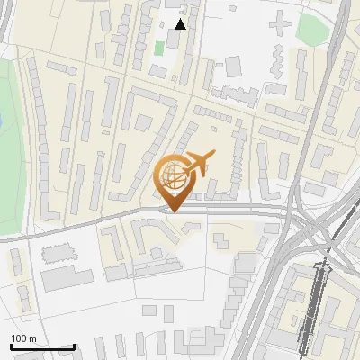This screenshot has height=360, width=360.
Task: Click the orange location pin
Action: point(175,180)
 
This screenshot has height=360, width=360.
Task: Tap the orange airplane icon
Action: point(197,165)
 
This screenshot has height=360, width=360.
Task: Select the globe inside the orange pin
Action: point(175,175)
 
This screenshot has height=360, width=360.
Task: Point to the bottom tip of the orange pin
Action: point(175,211)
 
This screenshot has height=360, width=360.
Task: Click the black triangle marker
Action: point(181,24)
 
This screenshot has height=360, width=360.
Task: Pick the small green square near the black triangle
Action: point(159,48)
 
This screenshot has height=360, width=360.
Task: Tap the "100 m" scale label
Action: point(24,338)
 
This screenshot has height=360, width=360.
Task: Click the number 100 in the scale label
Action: point(20,338)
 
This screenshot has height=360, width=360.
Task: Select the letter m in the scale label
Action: point(33,338)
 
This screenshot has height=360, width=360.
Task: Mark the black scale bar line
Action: point(42,346)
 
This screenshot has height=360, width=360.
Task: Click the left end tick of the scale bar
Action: point(11,345)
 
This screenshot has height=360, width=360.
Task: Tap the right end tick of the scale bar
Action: point(74,345)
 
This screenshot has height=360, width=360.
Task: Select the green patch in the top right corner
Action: point(314,29)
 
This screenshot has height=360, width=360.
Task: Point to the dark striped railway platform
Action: point(312,306)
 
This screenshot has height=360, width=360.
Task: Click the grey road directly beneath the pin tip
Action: point(175,215)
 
